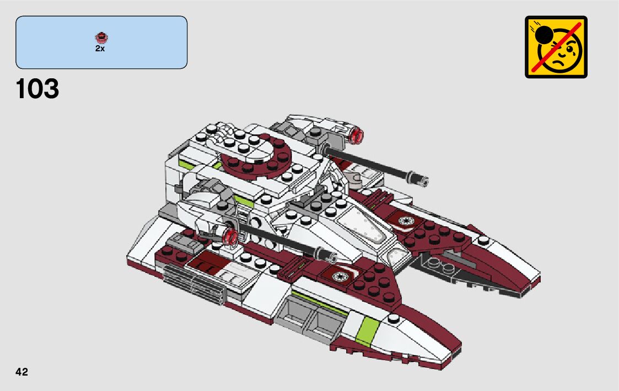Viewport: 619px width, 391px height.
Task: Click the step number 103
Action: tap(37, 89)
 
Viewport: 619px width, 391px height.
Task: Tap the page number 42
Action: tap(21, 372)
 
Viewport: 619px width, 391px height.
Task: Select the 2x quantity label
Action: tap(100, 49)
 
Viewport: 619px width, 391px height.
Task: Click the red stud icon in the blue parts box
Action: tap(101, 38)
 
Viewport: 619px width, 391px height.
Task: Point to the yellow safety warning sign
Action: tap(556, 47)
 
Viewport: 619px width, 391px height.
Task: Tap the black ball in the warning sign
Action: tap(545, 35)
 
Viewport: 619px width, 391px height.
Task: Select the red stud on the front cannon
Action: tap(230, 237)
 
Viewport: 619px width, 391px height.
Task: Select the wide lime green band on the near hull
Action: tap(368, 330)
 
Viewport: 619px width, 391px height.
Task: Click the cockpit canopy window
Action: tap(364, 223)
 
